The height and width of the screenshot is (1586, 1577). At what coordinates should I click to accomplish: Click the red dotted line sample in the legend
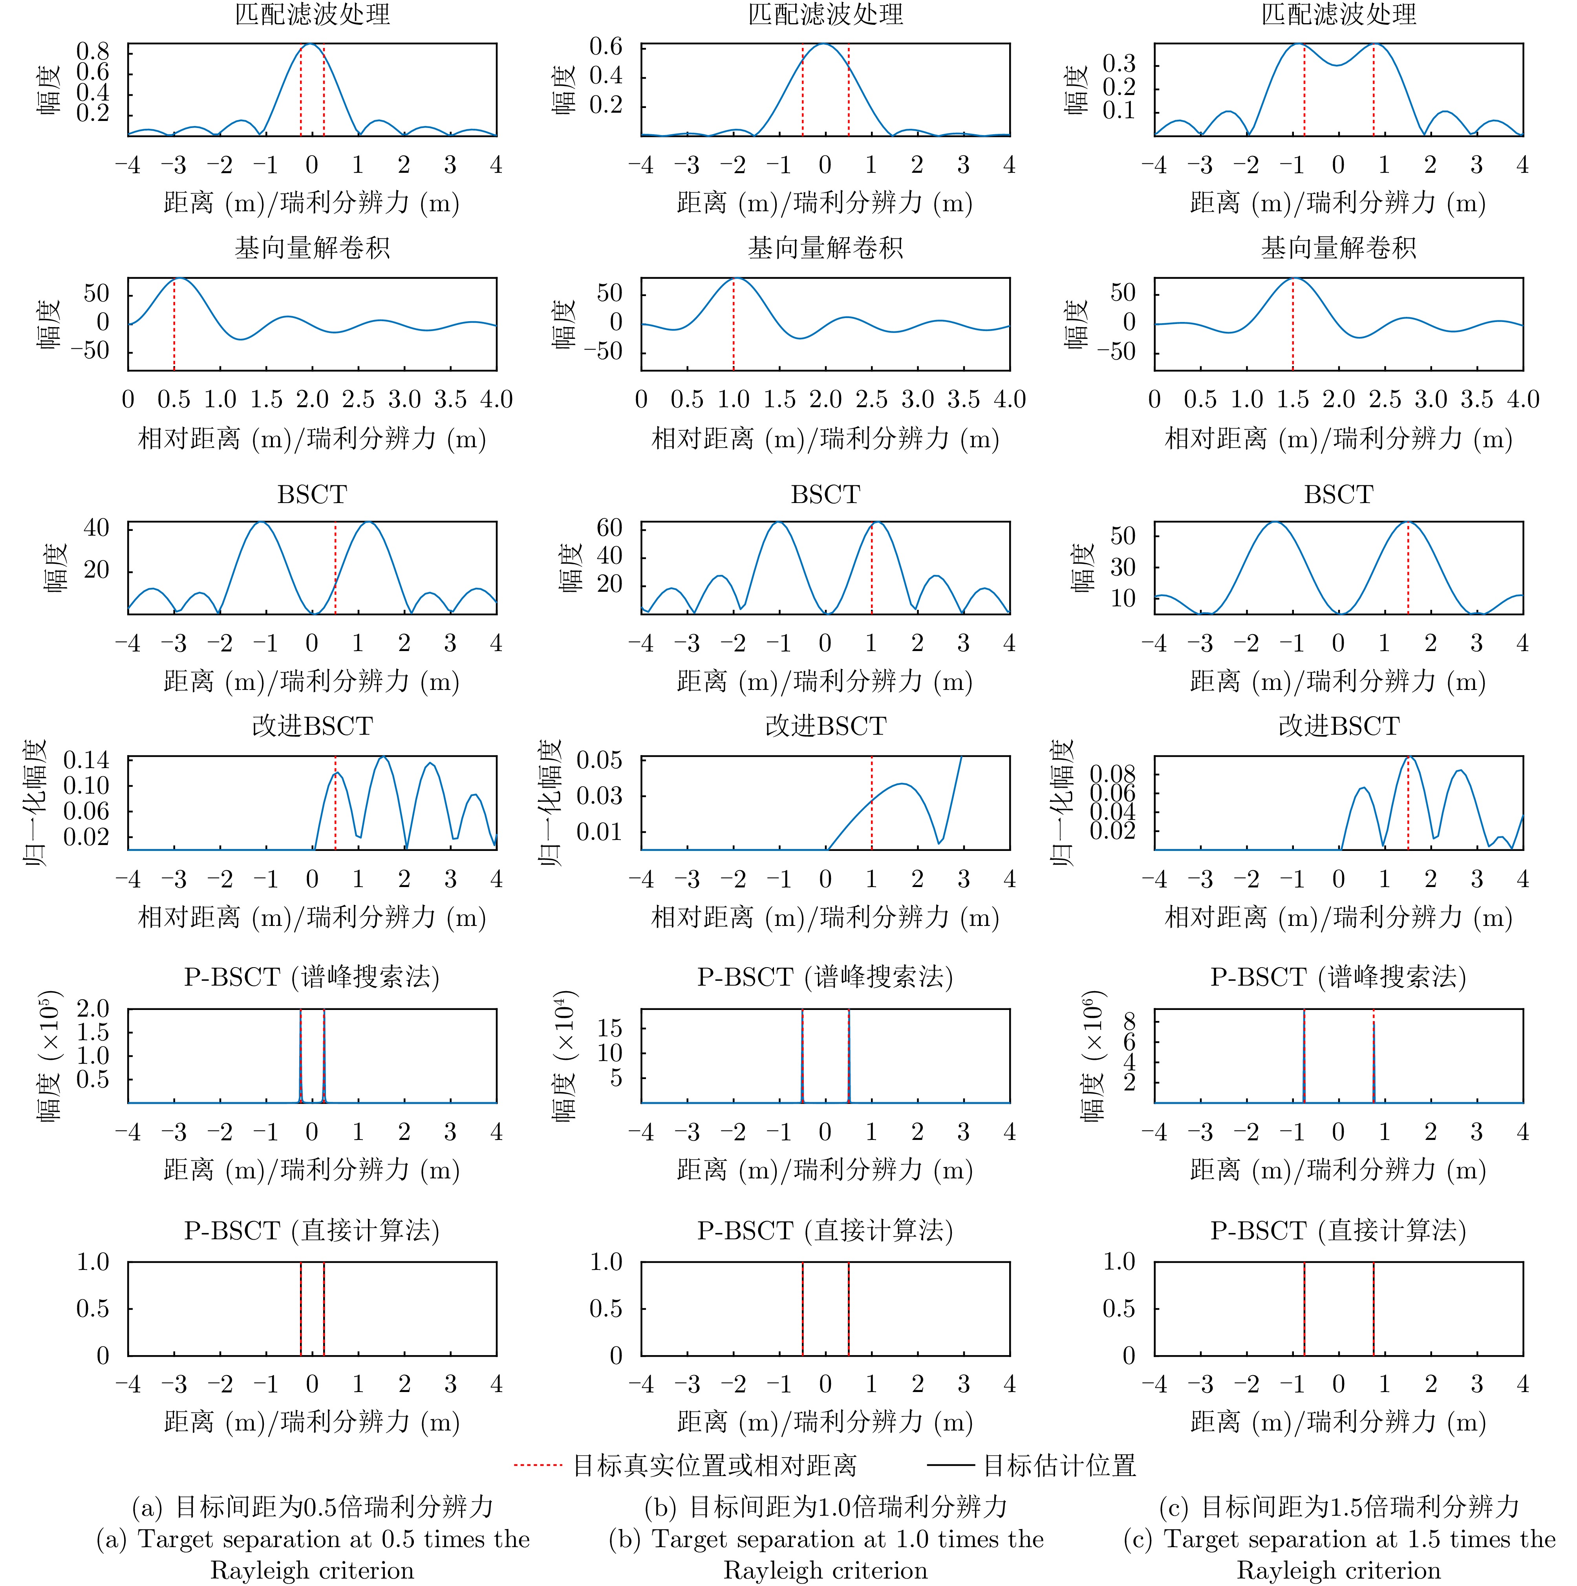(x=538, y=1465)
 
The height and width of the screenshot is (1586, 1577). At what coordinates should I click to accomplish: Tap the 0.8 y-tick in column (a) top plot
(x=93, y=52)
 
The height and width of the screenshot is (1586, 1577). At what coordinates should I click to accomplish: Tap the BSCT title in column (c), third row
(x=1338, y=494)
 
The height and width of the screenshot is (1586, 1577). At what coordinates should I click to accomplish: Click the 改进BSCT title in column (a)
(x=312, y=726)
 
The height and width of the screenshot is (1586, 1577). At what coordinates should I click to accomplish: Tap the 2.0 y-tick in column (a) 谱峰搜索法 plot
(x=93, y=1009)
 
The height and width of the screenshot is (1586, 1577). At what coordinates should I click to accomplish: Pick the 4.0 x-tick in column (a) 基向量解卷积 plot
(x=496, y=400)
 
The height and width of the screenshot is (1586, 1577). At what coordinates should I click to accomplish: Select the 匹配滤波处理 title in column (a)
(x=312, y=15)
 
